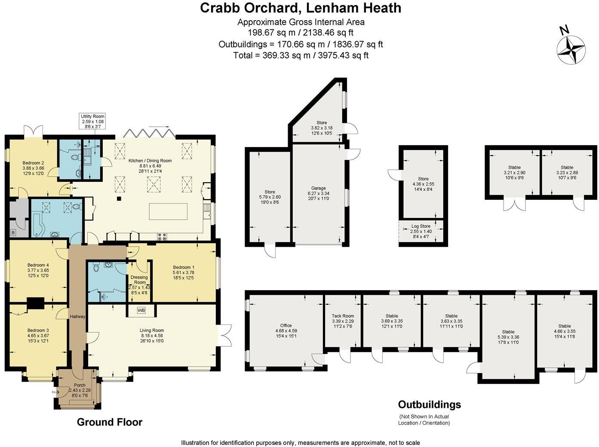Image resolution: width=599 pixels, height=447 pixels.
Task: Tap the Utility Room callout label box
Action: [93, 122]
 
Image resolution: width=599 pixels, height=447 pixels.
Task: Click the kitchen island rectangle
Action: [168, 211]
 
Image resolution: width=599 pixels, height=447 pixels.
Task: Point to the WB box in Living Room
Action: [141, 310]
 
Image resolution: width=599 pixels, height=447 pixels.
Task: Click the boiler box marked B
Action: [13, 233]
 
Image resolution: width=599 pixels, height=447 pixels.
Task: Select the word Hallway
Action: [78, 316]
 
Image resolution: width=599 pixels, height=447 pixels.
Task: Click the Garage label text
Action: [319, 193]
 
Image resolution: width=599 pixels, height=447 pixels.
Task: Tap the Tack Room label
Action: [343, 321]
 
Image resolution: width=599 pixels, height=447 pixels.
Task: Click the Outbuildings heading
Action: [429, 404]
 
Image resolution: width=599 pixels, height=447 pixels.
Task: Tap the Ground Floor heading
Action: [109, 422]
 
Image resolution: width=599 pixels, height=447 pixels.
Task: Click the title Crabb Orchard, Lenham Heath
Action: [301, 8]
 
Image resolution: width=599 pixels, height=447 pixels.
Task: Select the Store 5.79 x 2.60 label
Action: [270, 197]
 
